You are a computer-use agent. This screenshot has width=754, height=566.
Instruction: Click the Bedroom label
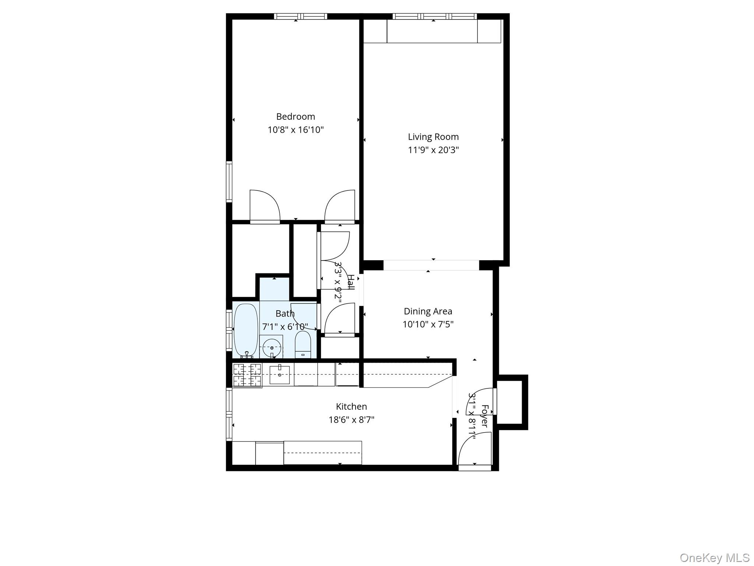click(x=295, y=116)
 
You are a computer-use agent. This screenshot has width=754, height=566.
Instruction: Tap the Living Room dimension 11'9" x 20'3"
click(x=433, y=150)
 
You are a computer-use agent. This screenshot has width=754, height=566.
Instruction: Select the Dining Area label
click(x=427, y=311)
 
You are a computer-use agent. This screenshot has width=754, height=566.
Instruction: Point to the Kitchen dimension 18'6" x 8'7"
click(x=351, y=420)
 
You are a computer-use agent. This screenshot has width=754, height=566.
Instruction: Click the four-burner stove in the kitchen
click(x=247, y=375)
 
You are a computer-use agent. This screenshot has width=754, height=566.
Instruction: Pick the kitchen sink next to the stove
click(x=279, y=374)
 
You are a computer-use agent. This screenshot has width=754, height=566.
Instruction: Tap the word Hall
click(x=351, y=282)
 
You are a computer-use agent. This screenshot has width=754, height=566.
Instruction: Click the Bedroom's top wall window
click(x=301, y=17)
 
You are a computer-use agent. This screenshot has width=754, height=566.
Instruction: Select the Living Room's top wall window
click(x=434, y=17)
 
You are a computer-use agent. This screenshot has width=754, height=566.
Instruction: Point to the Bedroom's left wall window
click(x=229, y=181)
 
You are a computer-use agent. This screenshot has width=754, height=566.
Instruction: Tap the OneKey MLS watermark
click(x=715, y=558)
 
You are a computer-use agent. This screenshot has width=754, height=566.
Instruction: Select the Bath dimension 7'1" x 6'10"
click(x=285, y=326)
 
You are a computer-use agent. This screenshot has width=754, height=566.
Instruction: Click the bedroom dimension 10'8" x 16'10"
click(x=295, y=130)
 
